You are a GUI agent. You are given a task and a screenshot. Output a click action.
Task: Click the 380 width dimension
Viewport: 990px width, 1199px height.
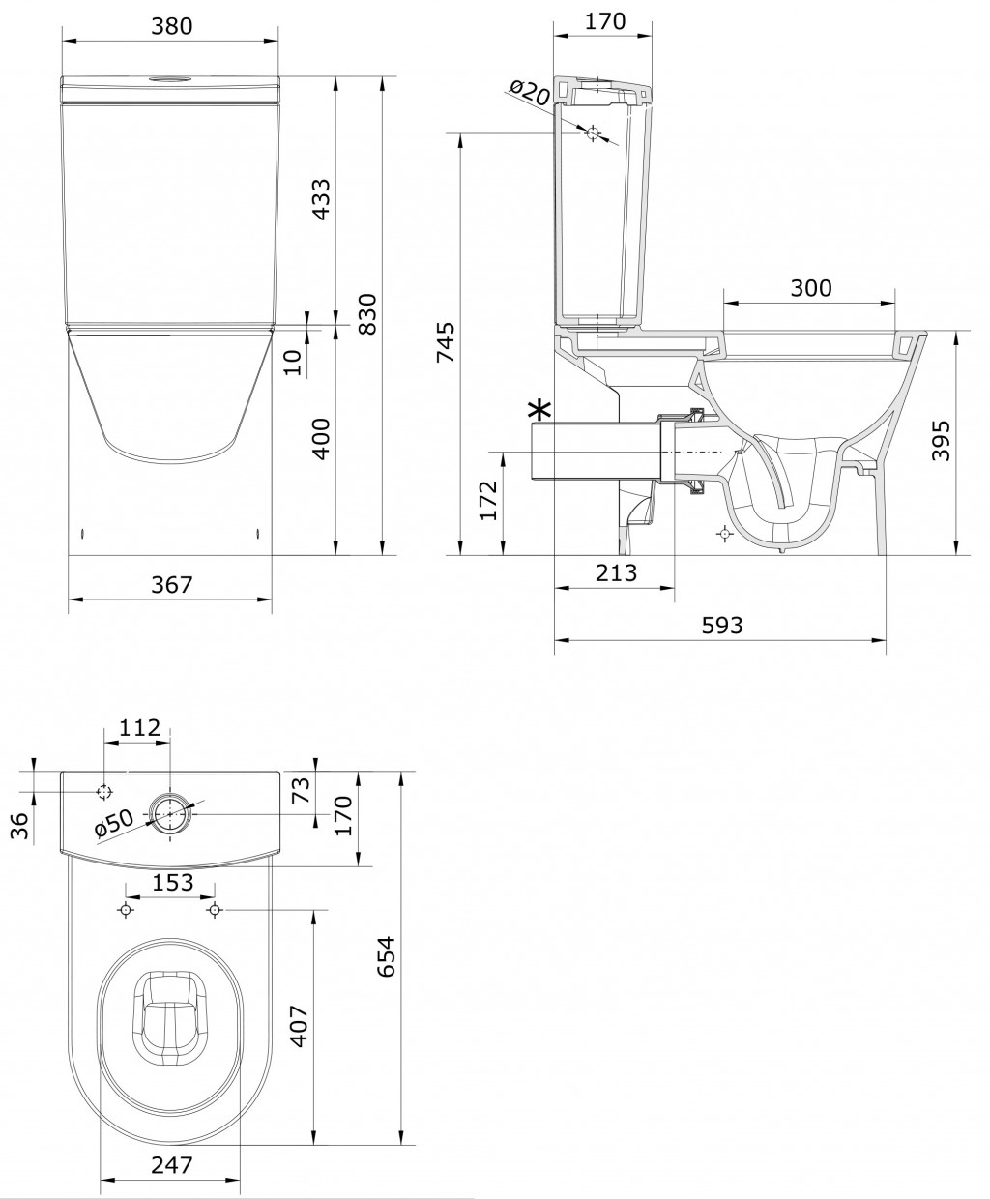(x=171, y=26)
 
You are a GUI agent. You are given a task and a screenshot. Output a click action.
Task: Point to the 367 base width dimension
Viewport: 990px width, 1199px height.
(x=171, y=585)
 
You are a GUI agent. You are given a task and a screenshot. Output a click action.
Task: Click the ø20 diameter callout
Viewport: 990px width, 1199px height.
(x=530, y=93)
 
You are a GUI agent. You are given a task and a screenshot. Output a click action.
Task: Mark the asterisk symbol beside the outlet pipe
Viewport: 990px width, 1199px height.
(x=539, y=410)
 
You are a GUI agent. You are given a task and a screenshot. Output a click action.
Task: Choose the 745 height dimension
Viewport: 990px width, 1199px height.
(x=447, y=342)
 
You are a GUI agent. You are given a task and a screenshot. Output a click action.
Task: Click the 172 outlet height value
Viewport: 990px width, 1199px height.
(x=488, y=501)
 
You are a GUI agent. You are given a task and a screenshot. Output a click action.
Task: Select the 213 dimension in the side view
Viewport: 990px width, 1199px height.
(x=616, y=572)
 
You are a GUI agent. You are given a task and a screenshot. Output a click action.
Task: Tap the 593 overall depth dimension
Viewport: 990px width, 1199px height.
(x=722, y=625)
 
